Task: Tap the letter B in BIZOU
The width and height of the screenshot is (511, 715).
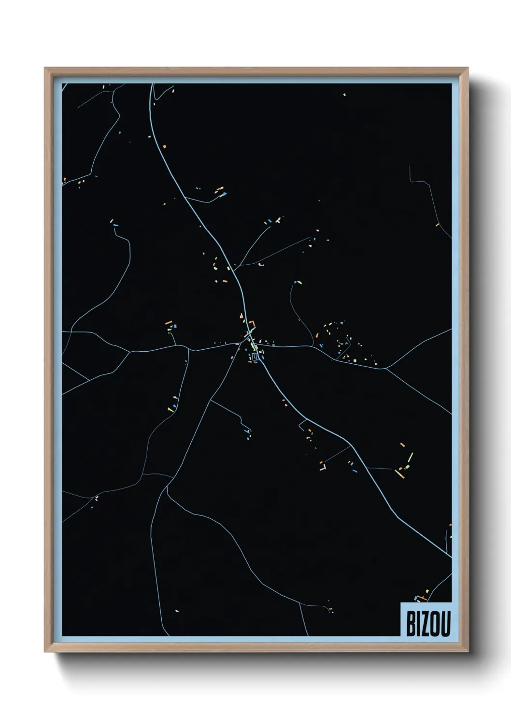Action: point(411,625)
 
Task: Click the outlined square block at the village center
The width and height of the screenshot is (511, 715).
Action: point(255,357)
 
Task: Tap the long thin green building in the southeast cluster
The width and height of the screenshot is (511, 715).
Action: point(411,457)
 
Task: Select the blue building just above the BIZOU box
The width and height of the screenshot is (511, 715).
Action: point(415,598)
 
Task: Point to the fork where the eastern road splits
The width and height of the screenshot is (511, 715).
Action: point(385,369)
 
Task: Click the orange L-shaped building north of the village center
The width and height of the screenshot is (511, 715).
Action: point(253,324)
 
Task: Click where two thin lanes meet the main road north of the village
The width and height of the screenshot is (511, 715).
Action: point(235,266)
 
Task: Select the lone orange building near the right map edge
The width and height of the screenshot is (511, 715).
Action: point(437,225)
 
